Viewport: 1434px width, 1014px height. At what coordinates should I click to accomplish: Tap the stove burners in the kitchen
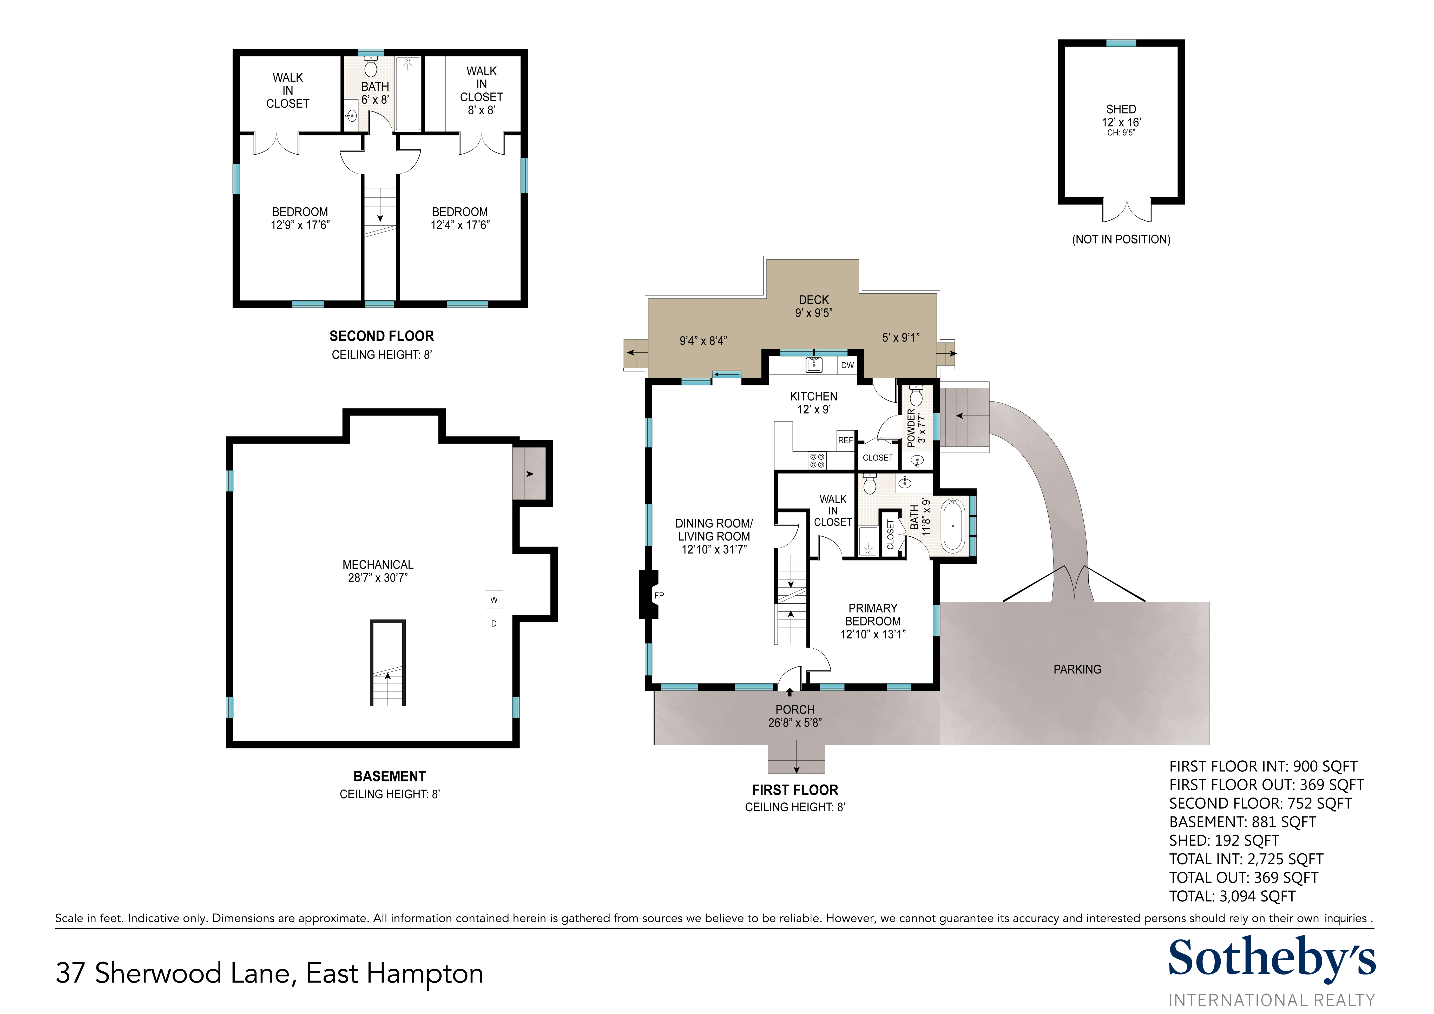pyautogui.click(x=817, y=461)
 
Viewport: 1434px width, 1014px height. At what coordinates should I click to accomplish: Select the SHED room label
pyautogui.click(x=1121, y=109)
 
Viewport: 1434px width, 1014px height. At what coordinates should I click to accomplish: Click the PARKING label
pyautogui.click(x=1077, y=669)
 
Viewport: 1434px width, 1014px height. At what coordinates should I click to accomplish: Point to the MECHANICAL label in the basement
pyautogui.click(x=378, y=564)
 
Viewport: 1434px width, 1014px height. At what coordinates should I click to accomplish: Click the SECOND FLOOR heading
pyautogui.click(x=381, y=336)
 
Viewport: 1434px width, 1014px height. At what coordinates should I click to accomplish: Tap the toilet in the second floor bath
pyautogui.click(x=371, y=66)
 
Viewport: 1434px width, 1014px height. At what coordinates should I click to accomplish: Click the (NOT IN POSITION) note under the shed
pyautogui.click(x=1121, y=239)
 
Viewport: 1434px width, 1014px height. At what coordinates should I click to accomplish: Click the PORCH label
pyautogui.click(x=795, y=710)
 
